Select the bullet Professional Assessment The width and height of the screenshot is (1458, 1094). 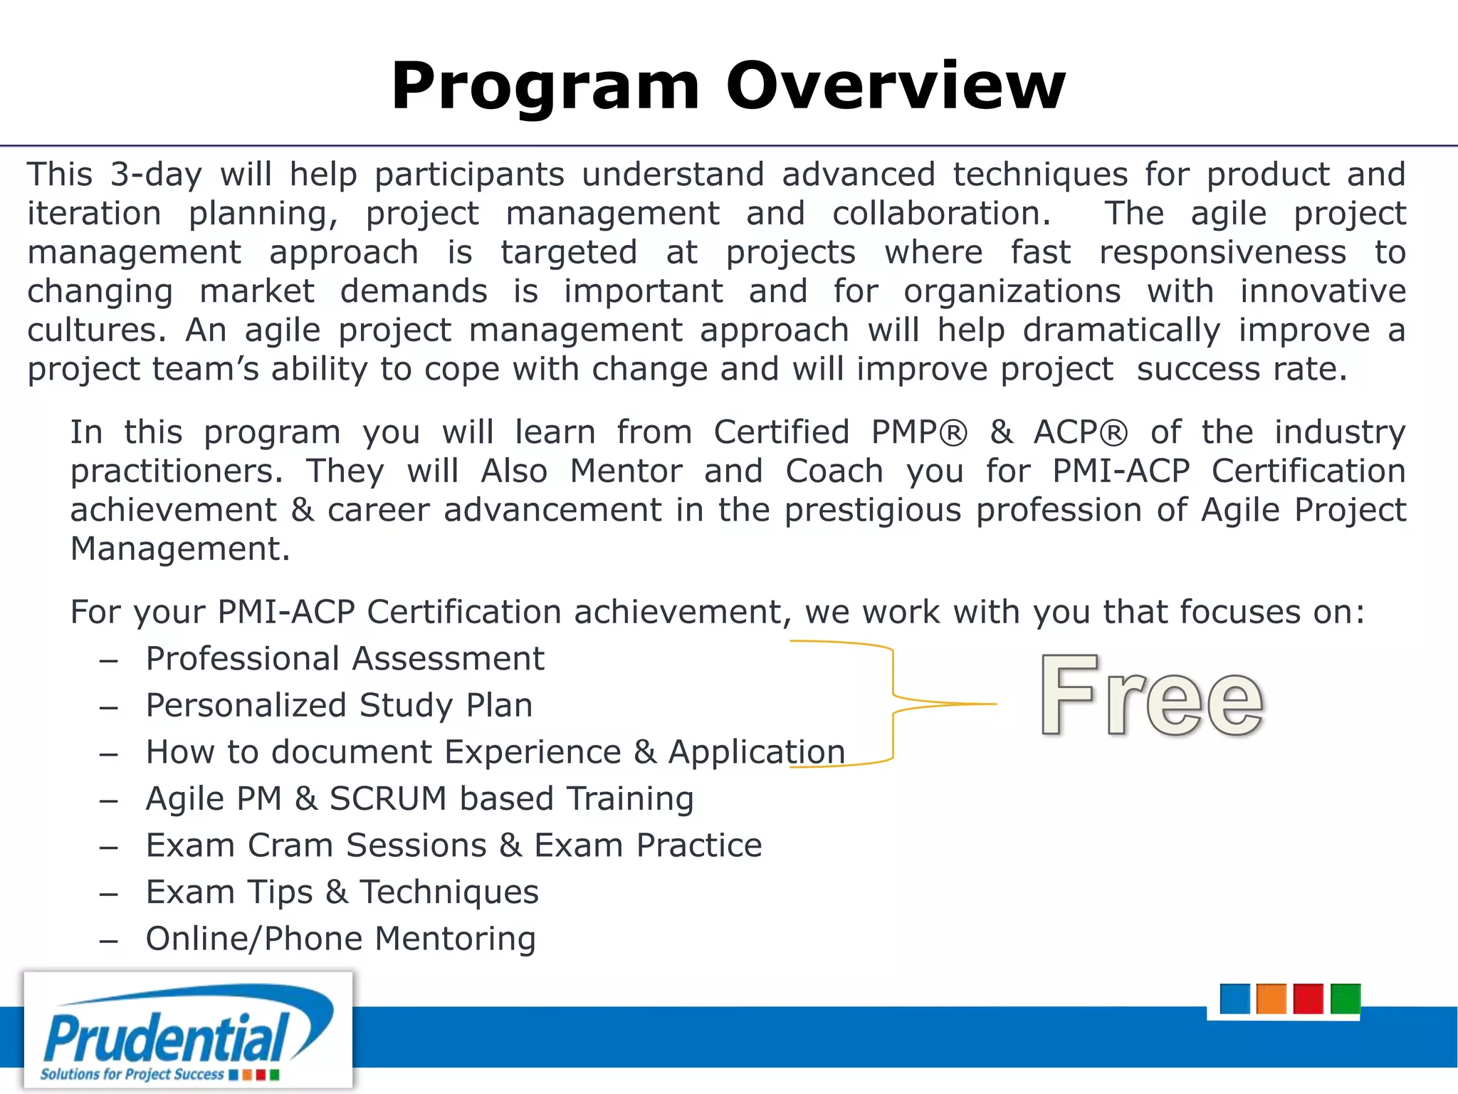345,659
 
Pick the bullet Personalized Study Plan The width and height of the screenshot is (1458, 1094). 339,706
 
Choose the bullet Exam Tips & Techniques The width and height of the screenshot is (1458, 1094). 342,892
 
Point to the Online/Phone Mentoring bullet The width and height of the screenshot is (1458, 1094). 340,939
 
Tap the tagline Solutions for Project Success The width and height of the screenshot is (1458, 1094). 132,1074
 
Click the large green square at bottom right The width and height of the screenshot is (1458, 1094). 1345,999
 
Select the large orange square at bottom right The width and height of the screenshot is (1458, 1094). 1271,999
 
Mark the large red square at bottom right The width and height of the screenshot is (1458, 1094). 1308,999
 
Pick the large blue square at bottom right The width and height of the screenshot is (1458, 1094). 1234,999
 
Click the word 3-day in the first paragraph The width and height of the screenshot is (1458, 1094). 156,175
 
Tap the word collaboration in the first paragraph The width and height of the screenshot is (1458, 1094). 941,214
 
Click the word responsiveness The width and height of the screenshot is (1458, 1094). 1222,253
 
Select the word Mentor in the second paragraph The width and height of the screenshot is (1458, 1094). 626,472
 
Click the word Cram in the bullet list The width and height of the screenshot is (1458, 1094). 290,846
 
